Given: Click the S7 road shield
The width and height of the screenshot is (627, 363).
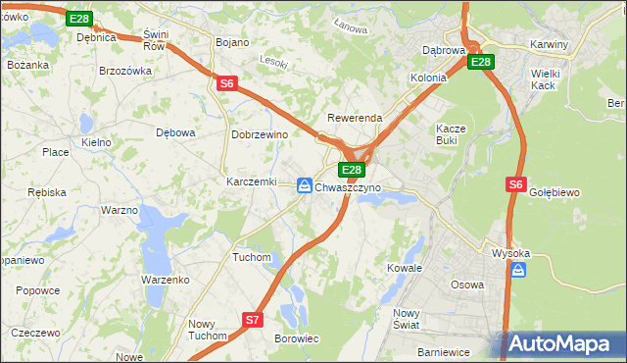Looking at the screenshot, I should tap(252, 320).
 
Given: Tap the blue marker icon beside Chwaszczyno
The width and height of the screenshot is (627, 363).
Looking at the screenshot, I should tap(305, 185).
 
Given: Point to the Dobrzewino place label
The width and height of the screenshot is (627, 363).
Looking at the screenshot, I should tap(259, 134).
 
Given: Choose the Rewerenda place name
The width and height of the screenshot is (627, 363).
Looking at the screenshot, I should tap(354, 118).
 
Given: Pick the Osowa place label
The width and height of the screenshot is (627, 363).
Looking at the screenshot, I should tap(466, 285).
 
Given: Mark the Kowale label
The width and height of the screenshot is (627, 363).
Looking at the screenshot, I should tap(404, 268).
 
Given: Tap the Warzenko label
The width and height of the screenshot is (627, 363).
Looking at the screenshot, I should tap(165, 280).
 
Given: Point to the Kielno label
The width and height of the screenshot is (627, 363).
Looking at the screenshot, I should tap(96, 142).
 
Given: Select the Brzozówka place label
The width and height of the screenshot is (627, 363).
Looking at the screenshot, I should tap(125, 71).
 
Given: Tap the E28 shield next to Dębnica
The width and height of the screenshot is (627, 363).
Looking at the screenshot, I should tap(80, 19).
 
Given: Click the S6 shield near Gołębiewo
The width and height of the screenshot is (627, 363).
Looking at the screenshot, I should tap(517, 183).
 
